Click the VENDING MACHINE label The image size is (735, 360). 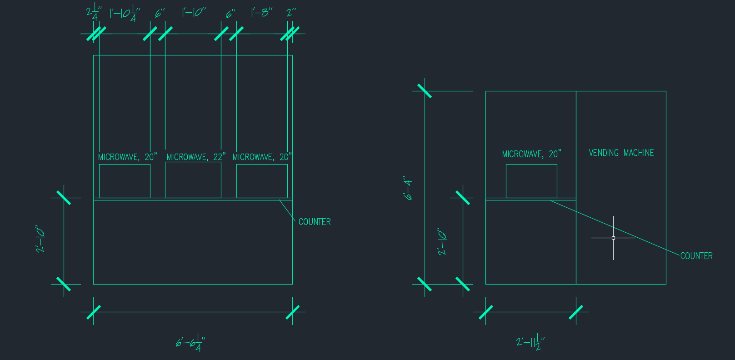(x=621, y=153)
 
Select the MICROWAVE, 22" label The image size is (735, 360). (x=196, y=157)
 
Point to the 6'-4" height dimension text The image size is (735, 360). (x=408, y=188)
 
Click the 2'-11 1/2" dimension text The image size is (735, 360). (x=530, y=342)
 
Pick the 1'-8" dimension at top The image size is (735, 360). (x=262, y=13)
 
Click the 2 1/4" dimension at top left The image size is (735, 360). (x=94, y=13)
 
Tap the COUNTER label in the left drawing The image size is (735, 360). (x=315, y=222)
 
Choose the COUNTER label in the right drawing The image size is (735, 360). (x=696, y=256)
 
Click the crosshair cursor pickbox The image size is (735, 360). (x=613, y=238)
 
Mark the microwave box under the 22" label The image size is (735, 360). (x=193, y=180)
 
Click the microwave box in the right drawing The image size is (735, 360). (x=531, y=181)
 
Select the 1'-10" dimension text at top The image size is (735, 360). (x=194, y=12)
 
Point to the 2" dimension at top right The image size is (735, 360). (x=291, y=13)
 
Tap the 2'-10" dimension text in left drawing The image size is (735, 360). (x=41, y=239)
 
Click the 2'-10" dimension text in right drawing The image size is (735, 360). (x=442, y=241)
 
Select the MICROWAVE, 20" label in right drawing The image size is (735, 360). (x=531, y=154)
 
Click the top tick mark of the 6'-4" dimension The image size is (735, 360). (x=425, y=91)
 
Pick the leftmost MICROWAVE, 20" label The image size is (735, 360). (x=127, y=157)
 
